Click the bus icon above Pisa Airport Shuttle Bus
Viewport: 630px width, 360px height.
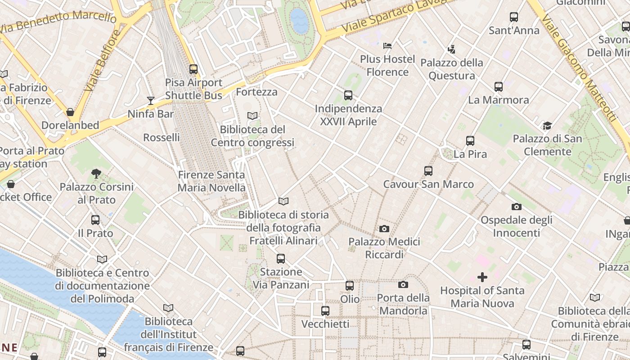[x=193, y=69]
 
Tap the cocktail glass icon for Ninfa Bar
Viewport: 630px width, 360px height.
[x=151, y=101]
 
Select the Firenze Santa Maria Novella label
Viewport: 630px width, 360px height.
[x=211, y=181]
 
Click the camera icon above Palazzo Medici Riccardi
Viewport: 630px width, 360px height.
[x=384, y=229]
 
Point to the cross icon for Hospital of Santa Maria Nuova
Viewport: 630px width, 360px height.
[x=482, y=277]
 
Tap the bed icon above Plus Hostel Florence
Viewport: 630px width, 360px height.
[x=387, y=46]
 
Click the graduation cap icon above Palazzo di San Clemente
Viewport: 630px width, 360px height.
[x=547, y=126]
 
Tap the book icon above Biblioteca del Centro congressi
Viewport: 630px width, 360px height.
[x=252, y=116]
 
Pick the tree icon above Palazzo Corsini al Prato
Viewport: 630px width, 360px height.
[x=96, y=173]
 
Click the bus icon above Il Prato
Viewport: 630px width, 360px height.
[x=95, y=220]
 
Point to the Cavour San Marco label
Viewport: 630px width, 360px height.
[x=428, y=184]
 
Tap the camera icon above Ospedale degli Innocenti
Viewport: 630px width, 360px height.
[x=516, y=207]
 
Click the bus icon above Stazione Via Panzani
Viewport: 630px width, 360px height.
[x=281, y=259]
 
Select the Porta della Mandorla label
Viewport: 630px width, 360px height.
[x=403, y=304]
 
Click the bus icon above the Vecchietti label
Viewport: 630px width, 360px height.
[x=325, y=310]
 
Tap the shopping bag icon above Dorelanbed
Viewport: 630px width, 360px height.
[x=70, y=112]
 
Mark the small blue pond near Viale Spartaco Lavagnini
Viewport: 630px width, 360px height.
[x=300, y=20]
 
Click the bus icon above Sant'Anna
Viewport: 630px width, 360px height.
[x=514, y=17]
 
